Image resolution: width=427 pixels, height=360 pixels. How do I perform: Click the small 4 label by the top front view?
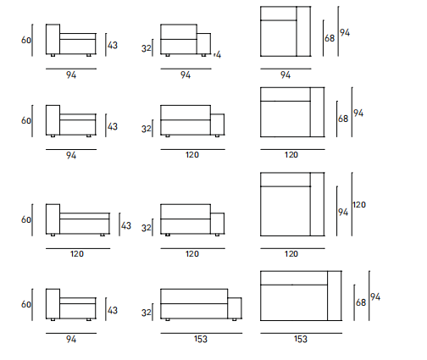218,54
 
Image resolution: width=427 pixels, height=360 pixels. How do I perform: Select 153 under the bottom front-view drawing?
201,339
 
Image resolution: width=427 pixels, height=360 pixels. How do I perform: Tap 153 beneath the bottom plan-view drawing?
301,339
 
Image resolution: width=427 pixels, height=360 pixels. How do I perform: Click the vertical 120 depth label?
359,204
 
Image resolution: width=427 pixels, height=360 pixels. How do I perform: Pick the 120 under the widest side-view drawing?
77,254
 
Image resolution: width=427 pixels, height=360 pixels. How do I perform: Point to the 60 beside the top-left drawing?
26,40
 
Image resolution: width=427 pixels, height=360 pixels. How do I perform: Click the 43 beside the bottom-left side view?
113,310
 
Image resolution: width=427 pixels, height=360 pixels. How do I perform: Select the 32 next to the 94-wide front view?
147,48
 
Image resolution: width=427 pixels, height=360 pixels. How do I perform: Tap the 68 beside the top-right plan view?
330,38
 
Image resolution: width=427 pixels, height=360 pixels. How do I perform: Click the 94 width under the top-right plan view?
286,75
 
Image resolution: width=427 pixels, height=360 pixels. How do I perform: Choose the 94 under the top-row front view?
186,75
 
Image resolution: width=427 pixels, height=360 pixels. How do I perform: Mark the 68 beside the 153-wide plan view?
361,302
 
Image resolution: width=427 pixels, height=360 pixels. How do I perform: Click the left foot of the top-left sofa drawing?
53,55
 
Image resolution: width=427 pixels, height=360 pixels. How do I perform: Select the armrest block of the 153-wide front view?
235,308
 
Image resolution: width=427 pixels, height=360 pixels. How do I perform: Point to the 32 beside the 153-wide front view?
147,313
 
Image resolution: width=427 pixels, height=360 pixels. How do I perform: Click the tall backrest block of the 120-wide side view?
53,219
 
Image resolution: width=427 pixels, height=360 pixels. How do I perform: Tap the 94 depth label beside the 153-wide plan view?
375,297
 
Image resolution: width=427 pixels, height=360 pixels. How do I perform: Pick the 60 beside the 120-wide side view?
26,219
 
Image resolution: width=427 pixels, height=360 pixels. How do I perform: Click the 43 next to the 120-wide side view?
126,225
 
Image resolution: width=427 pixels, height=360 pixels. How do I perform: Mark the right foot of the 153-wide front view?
234,319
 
